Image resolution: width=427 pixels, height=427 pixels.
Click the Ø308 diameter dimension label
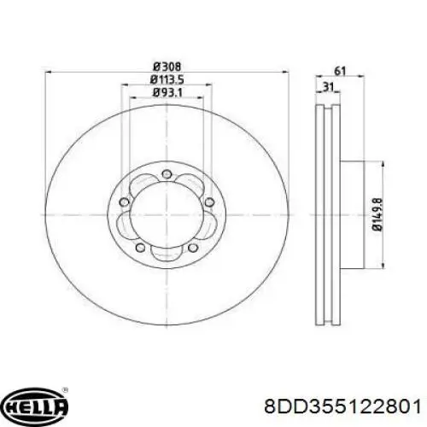[x=167, y=67]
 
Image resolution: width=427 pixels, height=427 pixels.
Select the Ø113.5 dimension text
[x=167, y=79]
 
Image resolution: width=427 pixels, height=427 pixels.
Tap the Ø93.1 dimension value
[x=167, y=92]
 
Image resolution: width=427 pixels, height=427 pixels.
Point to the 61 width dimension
[x=340, y=71]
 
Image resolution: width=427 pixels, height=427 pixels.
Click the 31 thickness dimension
[x=328, y=86]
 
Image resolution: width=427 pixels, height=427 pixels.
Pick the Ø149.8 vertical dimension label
[x=377, y=215]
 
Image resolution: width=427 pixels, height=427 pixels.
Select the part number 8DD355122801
[x=342, y=407]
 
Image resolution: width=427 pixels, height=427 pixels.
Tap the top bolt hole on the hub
[x=167, y=174]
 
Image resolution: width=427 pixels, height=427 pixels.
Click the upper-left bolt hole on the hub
[x=124, y=202]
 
